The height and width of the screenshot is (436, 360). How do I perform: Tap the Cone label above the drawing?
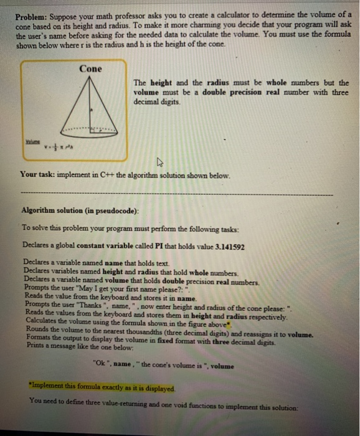point(91,69)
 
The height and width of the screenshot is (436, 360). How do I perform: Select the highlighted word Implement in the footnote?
point(46,389)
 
